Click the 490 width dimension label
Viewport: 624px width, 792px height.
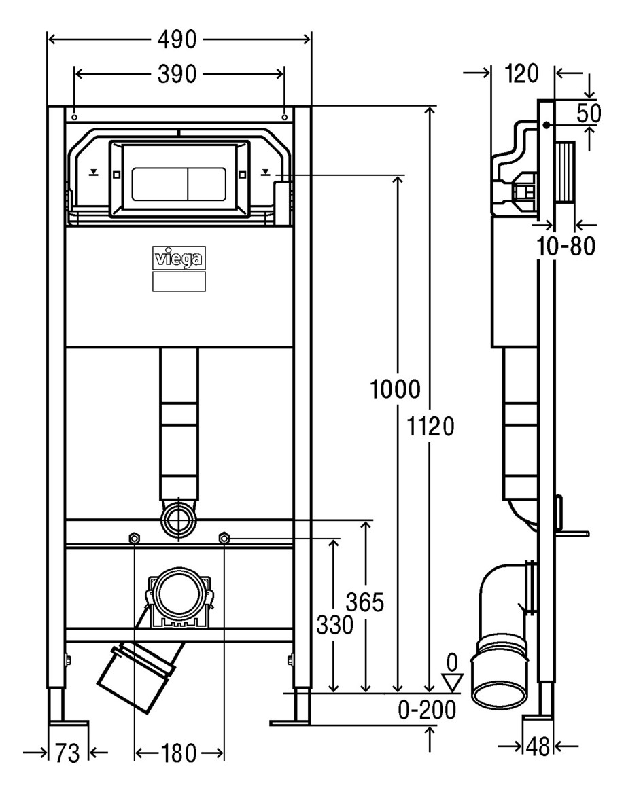177,39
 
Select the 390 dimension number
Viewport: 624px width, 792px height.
177,74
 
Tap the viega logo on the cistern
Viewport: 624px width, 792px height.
179,259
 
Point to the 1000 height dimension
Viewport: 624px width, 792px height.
396,389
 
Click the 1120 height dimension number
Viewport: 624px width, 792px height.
431,427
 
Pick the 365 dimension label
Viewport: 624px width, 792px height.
364,602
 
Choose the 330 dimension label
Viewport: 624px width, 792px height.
334,626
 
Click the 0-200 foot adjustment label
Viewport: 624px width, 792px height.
428,710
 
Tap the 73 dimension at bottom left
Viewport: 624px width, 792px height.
67,753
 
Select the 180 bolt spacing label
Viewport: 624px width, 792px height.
179,753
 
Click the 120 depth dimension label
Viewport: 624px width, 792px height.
522,74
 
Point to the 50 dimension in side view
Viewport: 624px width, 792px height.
589,113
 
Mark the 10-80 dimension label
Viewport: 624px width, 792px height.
566,246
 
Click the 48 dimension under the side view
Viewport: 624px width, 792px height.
538,746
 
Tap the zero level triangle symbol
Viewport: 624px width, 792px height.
453,682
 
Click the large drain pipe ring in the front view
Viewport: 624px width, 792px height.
179,594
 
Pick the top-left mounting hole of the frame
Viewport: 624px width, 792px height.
74,118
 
